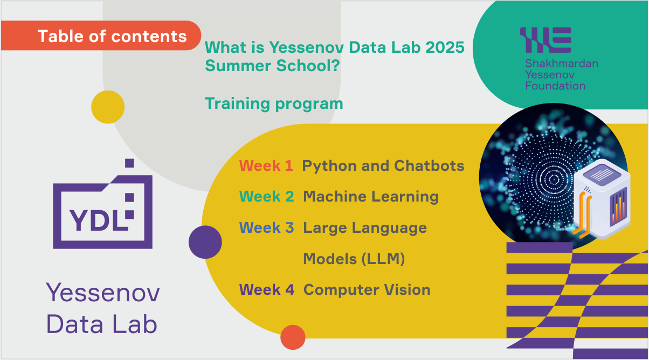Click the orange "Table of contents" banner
pos(101,36)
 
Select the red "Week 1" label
pos(266,165)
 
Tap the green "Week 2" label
pos(266,196)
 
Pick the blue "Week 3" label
pos(266,227)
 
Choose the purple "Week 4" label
pos(267,289)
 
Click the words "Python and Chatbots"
pos(383,166)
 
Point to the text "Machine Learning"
pos(371,197)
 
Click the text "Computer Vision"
pos(367,290)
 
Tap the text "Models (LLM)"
pos(354,259)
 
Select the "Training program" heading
pos(274,104)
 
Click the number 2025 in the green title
pos(445,47)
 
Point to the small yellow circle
pos(108,107)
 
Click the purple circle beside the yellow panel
pos(205,242)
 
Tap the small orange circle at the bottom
pos(293,337)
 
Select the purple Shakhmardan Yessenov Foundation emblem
pos(546,40)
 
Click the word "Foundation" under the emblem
pos(555,86)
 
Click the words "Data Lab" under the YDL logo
pos(102,324)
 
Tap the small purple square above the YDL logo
pos(129,163)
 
